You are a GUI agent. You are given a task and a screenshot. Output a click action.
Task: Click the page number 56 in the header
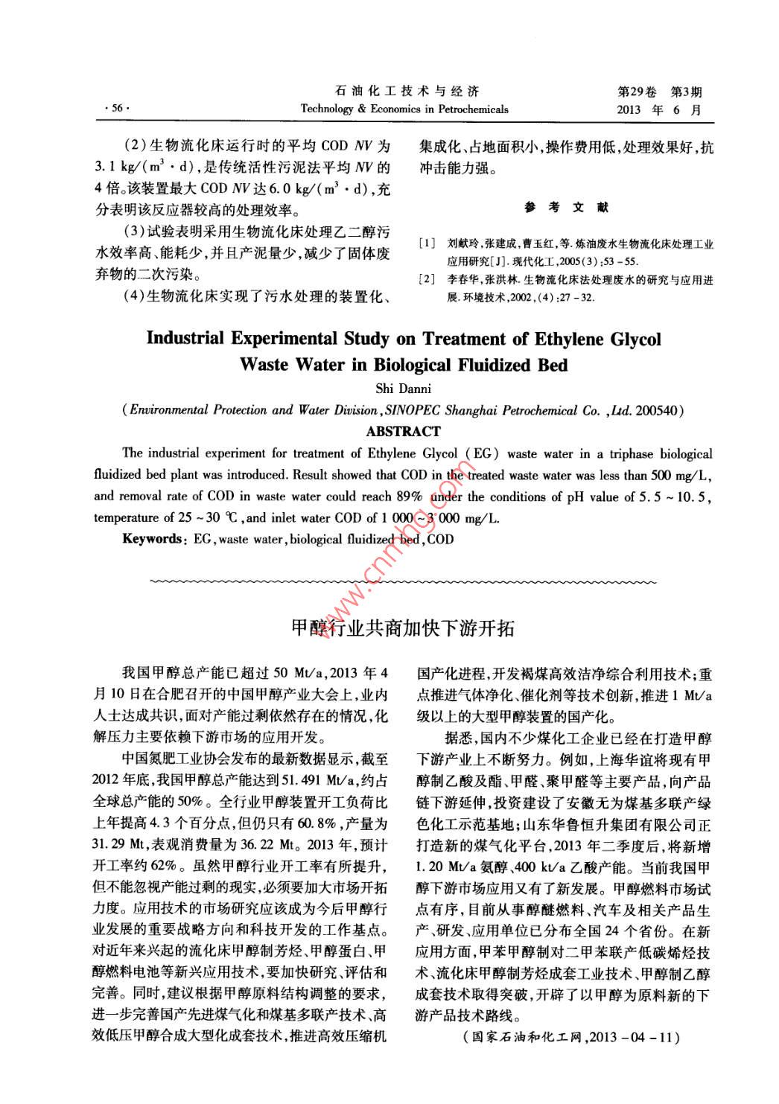coord(116,109)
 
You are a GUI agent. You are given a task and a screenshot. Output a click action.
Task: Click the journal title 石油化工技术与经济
coord(404,92)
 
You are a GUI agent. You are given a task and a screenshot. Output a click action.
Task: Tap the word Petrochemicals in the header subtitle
coord(471,109)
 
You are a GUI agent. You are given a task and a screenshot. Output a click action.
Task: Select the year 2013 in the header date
coord(631,109)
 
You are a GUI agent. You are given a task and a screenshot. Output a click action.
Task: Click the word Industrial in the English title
coord(185,339)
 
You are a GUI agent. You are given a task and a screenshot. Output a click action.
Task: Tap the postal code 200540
coord(658,410)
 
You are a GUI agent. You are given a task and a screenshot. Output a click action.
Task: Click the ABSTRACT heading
coord(404,431)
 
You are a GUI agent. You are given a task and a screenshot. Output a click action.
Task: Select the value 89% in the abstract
coord(407,497)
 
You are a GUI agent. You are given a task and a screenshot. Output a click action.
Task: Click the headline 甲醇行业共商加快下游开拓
coord(402,628)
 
